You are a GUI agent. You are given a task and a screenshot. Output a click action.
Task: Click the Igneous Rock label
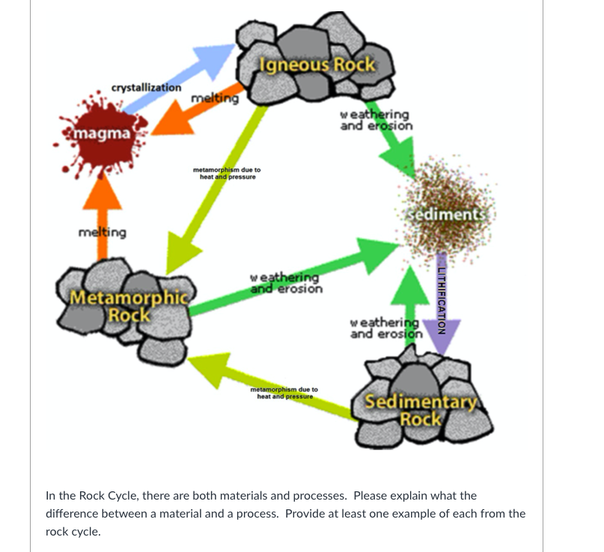click(317, 64)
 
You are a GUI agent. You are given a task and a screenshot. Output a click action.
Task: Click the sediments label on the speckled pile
click(448, 215)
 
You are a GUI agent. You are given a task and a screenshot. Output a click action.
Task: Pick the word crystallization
click(146, 88)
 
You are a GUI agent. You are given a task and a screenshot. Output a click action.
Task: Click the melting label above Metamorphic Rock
click(103, 232)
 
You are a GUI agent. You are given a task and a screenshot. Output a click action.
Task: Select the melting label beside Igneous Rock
click(215, 98)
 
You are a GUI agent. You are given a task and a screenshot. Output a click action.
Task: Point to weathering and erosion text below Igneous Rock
click(376, 120)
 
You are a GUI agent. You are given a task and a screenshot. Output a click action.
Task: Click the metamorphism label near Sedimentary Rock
click(284, 393)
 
